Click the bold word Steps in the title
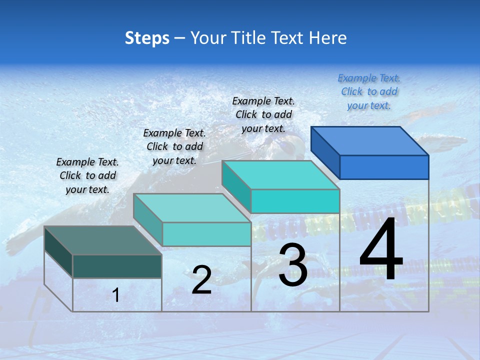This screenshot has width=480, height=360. point(147,38)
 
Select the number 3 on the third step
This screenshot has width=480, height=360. point(293,265)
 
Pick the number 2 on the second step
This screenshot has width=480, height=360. point(201,280)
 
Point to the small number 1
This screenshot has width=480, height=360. point(116,295)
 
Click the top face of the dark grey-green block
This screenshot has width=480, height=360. point(103,240)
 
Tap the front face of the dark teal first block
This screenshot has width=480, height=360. point(117,266)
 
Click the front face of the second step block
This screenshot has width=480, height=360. point(206,234)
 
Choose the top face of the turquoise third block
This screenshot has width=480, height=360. point(280,175)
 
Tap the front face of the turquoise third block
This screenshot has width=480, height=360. point(295,201)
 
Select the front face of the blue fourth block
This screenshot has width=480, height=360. point(384,167)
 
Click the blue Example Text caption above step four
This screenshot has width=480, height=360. point(369,91)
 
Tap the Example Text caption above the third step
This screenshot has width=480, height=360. point(263,114)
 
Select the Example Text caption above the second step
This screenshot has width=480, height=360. point(174,146)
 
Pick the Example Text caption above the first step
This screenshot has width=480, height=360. point(87,175)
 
